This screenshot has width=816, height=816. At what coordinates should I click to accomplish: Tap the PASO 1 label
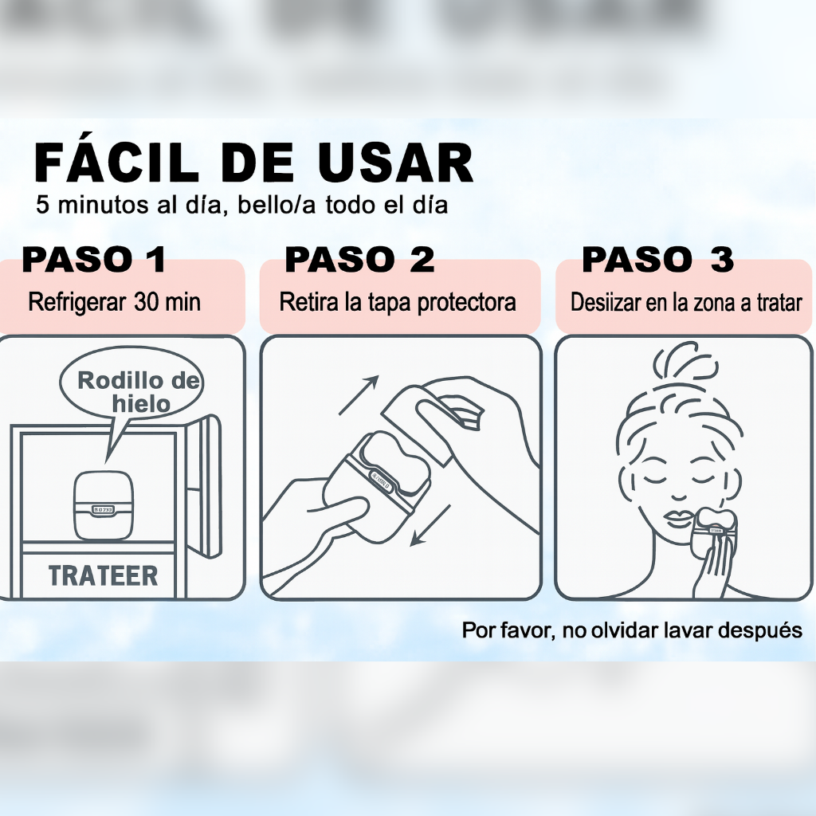tap(94, 260)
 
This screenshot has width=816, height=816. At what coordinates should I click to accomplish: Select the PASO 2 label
tap(359, 260)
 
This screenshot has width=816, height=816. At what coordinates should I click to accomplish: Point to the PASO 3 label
tap(657, 260)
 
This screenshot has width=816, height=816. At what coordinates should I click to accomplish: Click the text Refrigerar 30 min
tap(114, 303)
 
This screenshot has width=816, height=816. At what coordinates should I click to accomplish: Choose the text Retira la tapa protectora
tap(398, 303)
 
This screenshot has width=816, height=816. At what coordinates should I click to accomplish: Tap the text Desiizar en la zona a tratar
tap(685, 304)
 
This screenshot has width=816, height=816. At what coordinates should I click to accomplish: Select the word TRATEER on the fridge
tap(103, 576)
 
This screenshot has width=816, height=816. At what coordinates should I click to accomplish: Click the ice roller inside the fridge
tap(103, 505)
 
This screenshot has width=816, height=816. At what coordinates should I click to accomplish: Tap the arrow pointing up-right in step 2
tap(358, 395)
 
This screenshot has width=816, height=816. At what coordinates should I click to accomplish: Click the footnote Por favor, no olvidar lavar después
tap(631, 630)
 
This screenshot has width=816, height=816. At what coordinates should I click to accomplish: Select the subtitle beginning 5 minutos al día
tap(241, 205)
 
